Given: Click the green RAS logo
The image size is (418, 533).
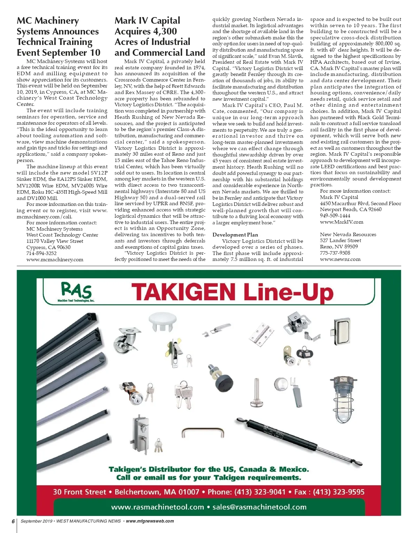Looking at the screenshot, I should [76, 291].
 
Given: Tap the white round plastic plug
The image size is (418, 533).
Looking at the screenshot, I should [163, 322].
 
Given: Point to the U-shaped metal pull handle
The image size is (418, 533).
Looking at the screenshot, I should [202, 433].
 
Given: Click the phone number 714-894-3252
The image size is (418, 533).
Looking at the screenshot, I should [41, 253].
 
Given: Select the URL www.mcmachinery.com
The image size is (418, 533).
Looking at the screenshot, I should [55, 260].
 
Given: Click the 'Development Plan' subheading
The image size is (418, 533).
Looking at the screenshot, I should [235, 235].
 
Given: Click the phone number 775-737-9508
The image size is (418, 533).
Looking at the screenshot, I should [335, 253].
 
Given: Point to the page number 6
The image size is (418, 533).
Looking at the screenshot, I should [13, 522].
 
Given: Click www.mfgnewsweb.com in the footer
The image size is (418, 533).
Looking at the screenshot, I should [150, 521].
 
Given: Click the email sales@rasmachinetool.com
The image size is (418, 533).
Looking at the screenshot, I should [260, 507].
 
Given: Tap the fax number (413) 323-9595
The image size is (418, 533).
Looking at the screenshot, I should [339, 492].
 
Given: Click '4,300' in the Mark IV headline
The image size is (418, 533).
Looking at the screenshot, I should [164, 31].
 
